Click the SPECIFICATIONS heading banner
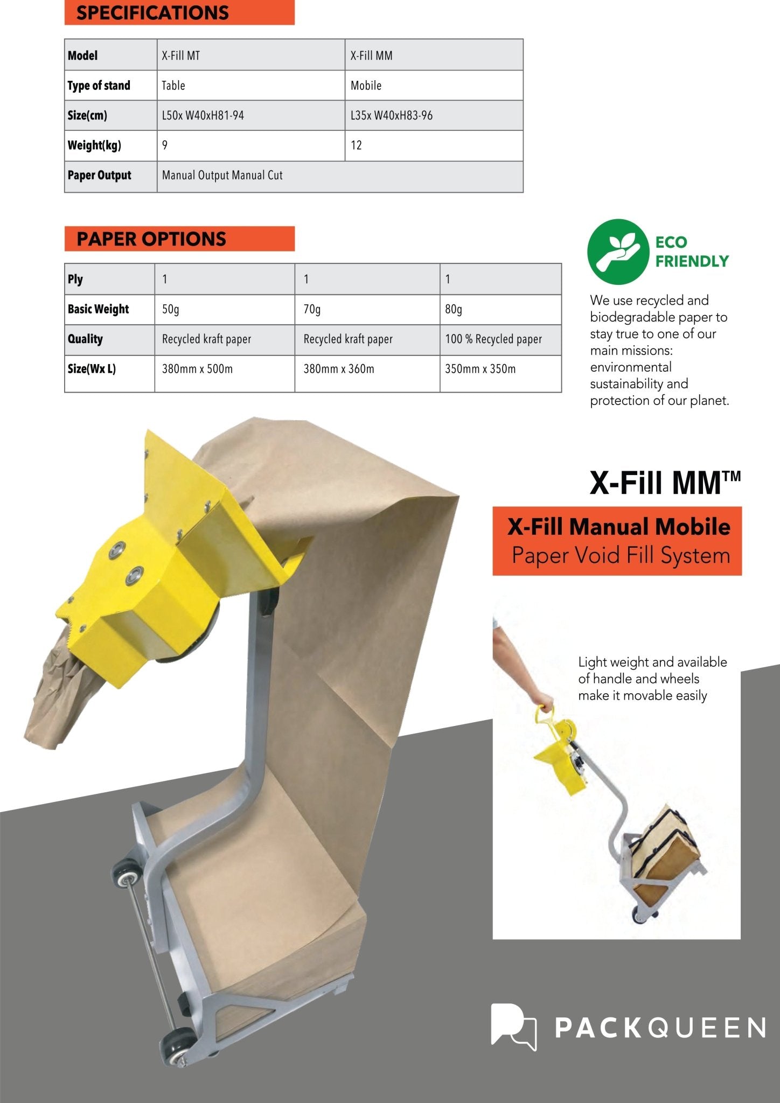point(179,12)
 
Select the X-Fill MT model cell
point(250,55)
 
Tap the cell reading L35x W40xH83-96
point(433,115)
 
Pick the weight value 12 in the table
point(433,145)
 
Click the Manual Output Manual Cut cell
point(339,176)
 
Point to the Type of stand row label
point(110,85)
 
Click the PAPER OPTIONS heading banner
point(179,239)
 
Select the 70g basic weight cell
point(366,309)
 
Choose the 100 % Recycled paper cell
point(500,339)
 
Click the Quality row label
point(109,339)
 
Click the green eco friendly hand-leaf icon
point(618,251)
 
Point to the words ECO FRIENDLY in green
point(691,252)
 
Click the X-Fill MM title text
point(665,483)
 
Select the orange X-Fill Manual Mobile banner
point(617,541)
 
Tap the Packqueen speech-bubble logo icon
point(513,1027)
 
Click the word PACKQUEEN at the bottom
point(660,1028)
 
